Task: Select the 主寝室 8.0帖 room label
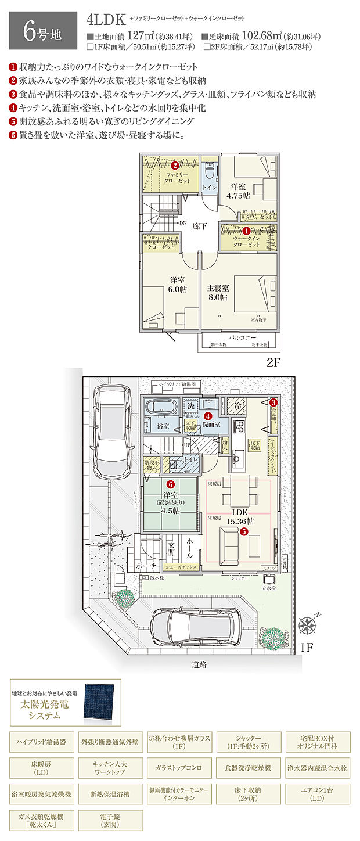click(218, 292)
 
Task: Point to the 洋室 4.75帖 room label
click(238, 191)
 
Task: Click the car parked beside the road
click(196, 625)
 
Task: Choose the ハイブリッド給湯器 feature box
click(42, 742)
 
